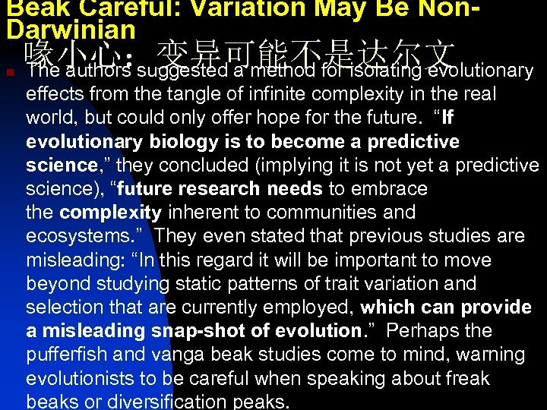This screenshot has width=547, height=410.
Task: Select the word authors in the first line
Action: (x=99, y=71)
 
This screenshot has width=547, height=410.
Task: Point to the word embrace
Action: (x=390, y=189)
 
